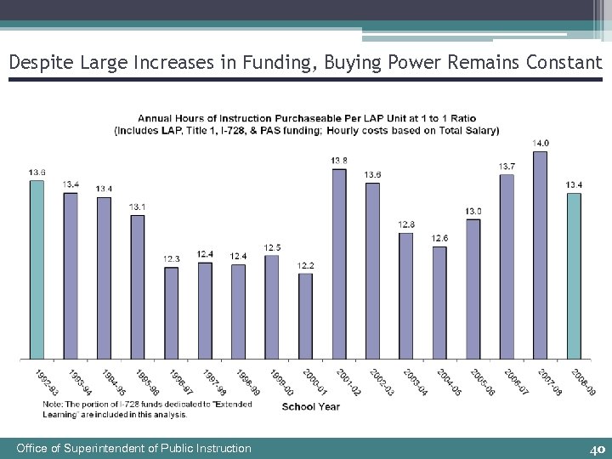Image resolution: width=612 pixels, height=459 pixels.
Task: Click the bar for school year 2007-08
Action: coord(540,255)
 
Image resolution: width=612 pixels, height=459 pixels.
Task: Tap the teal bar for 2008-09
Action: coord(574,275)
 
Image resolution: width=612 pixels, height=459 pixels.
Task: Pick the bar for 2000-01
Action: coord(305,315)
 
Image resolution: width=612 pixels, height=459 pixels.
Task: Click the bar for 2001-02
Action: coord(338,263)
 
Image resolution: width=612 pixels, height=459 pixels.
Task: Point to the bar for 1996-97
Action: coord(171,313)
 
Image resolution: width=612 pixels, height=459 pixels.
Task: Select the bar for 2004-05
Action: coord(439,302)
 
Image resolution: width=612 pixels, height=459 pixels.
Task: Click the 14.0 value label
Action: coord(541,143)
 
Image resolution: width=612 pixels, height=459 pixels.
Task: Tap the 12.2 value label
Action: coord(306,265)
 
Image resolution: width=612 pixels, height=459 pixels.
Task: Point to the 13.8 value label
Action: coord(338,161)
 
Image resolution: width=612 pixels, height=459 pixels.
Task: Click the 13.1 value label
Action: coord(137,207)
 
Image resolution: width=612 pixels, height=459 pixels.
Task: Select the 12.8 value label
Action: coord(406,224)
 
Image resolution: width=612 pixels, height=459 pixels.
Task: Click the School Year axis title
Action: coord(310,406)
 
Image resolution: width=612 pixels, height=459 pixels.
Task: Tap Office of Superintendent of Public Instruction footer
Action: coord(134,448)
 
